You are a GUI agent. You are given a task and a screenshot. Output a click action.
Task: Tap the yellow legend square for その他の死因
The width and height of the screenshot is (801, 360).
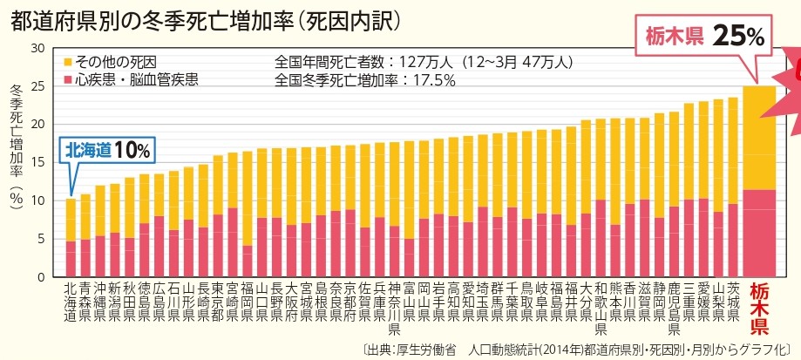68,63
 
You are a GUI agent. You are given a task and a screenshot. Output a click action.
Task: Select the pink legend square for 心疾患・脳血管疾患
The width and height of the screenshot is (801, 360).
68,80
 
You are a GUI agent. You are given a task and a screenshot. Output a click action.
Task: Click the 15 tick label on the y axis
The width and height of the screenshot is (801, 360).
37,162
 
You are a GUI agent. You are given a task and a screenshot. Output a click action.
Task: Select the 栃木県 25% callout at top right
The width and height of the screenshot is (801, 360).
704,36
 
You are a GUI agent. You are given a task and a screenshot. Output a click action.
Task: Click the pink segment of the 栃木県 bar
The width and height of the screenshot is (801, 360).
758,233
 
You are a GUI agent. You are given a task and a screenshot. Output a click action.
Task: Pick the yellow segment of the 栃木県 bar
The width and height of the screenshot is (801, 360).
758,138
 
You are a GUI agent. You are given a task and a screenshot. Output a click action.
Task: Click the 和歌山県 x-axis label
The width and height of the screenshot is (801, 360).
600,307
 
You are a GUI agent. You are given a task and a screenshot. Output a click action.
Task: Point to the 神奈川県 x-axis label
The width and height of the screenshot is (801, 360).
394,307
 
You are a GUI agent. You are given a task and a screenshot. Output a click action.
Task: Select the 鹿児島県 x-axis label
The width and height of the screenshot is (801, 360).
674,307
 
